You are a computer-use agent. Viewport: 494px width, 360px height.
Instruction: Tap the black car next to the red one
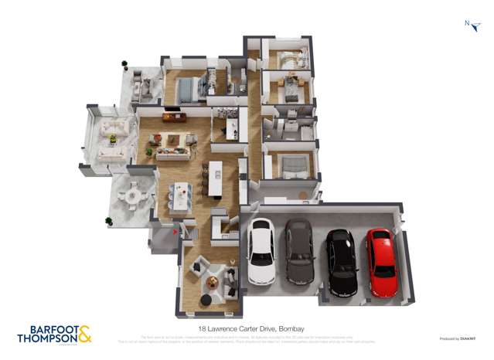tap(340, 261)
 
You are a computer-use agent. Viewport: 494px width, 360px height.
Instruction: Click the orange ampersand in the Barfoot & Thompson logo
tap(84, 334)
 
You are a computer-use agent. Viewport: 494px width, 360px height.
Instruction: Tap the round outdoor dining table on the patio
tap(134, 196)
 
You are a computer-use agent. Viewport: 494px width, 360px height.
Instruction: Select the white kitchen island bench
tap(214, 179)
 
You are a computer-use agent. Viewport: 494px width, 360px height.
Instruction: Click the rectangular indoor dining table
tap(179, 196)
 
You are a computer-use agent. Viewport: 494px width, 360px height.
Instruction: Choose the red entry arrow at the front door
tap(176, 229)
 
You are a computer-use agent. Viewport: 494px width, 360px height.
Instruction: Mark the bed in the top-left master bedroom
tap(187, 90)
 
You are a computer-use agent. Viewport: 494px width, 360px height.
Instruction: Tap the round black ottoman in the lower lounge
tap(206, 300)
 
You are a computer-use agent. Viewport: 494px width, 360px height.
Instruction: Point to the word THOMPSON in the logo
tap(46, 338)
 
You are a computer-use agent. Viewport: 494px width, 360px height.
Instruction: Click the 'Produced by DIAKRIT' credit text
tap(457, 338)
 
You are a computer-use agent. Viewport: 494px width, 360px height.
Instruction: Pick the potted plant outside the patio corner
tap(109, 221)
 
